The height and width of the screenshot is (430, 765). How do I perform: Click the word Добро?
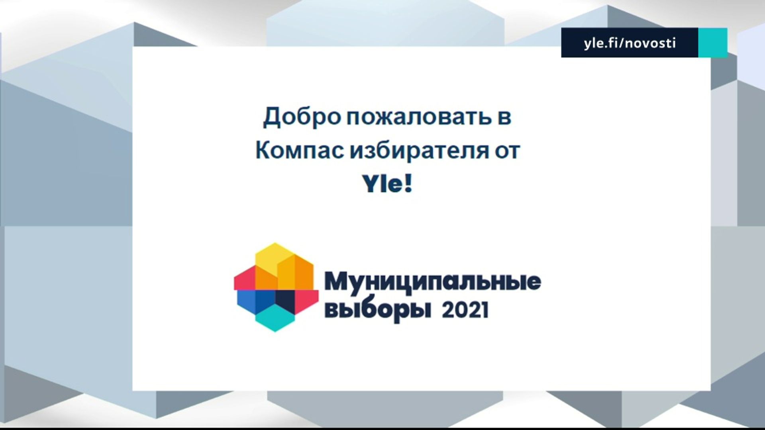pyautogui.click(x=302, y=117)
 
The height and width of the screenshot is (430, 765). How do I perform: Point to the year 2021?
pyautogui.click(x=465, y=310)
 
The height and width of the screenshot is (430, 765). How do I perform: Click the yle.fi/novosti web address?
pyautogui.click(x=630, y=43)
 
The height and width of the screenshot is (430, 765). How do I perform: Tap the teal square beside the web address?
pyautogui.click(x=713, y=43)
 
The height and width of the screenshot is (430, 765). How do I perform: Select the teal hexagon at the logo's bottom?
pyautogui.click(x=275, y=318)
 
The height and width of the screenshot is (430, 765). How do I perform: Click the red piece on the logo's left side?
pyautogui.click(x=245, y=278)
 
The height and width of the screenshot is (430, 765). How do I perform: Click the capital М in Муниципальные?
pyautogui.click(x=337, y=281)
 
